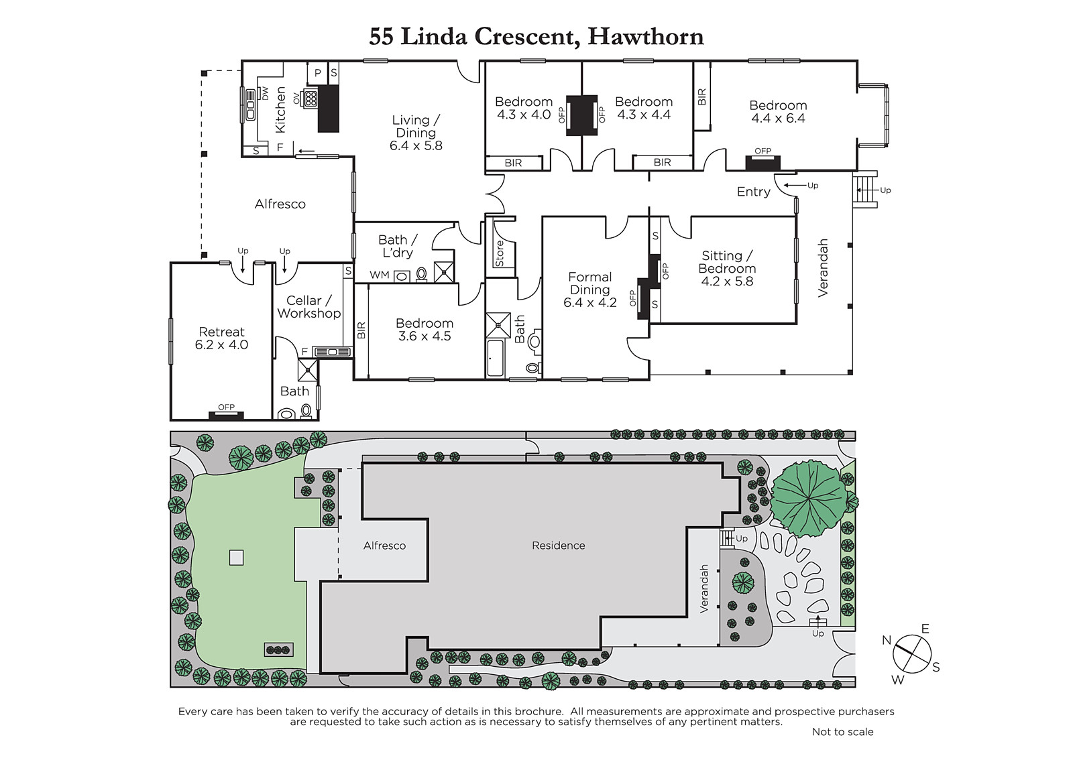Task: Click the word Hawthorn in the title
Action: [646, 36]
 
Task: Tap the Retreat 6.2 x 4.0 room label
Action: [222, 338]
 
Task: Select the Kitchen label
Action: [280, 110]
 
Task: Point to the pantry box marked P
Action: [318, 73]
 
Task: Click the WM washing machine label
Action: [380, 275]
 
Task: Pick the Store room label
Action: [500, 253]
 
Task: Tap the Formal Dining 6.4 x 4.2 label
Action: [589, 290]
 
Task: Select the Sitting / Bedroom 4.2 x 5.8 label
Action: [727, 269]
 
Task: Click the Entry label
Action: [754, 192]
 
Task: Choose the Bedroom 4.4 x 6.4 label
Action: [778, 111]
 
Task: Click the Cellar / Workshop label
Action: [309, 307]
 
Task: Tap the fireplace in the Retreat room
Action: [226, 416]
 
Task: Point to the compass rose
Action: [912, 655]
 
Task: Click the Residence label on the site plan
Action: [559, 546]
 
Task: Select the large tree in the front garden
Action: [809, 499]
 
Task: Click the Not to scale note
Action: [842, 732]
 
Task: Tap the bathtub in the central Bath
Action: [496, 358]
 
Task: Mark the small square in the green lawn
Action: [236, 558]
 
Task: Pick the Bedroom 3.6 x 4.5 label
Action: [425, 330]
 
